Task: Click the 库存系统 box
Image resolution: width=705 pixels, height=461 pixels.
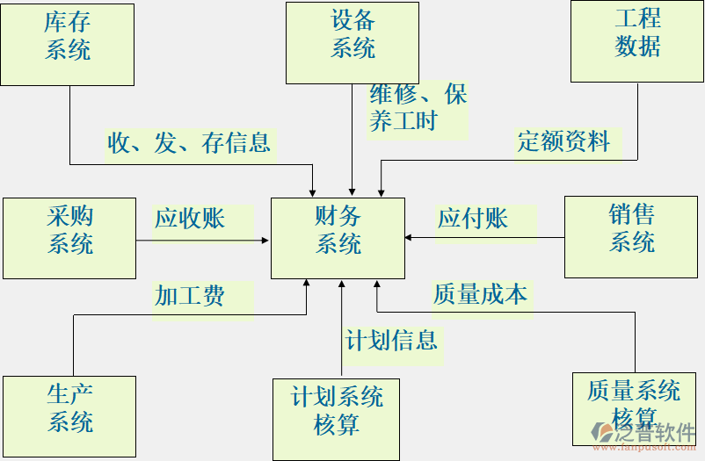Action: pyautogui.click(x=68, y=44)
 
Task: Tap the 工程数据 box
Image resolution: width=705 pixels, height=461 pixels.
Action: pyautogui.click(x=637, y=41)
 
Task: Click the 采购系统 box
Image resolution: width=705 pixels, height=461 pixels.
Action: pyautogui.click(x=69, y=238)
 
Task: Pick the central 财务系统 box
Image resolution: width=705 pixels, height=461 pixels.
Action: pyautogui.click(x=338, y=238)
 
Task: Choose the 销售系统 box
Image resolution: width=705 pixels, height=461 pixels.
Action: pyautogui.click(x=631, y=237)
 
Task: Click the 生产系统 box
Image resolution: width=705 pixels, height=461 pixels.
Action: pyautogui.click(x=69, y=416)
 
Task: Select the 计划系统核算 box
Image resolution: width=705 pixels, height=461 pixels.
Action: pyautogui.click(x=337, y=419)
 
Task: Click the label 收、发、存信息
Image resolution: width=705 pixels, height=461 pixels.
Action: pyautogui.click(x=189, y=142)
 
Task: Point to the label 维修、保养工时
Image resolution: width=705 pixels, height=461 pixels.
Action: pyautogui.click(x=418, y=108)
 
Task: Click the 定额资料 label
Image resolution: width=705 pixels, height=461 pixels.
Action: pyautogui.click(x=563, y=140)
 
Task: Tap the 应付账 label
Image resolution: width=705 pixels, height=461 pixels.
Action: pyautogui.click(x=473, y=218)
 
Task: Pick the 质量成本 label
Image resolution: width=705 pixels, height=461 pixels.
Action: pyautogui.click(x=480, y=294)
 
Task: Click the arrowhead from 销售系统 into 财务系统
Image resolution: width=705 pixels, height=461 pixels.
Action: pyautogui.click(x=410, y=237)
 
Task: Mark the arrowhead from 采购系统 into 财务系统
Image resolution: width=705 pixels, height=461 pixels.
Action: pyautogui.click(x=265, y=239)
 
